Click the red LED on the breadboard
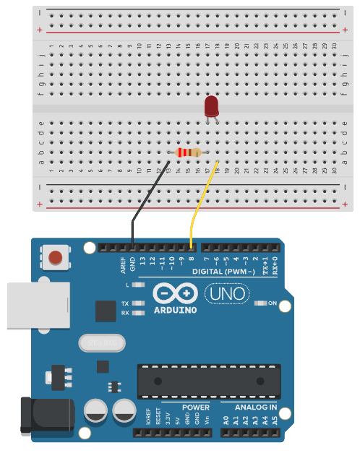[x=212, y=107]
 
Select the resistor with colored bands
[x=188, y=152]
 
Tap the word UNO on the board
[x=226, y=294]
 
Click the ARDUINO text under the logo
[x=176, y=310]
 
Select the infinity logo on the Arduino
[x=176, y=293]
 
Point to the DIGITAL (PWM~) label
[x=223, y=271]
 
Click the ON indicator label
[x=273, y=303]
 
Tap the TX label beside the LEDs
[x=125, y=303]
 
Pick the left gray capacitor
[x=97, y=412]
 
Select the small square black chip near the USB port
[x=106, y=311]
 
